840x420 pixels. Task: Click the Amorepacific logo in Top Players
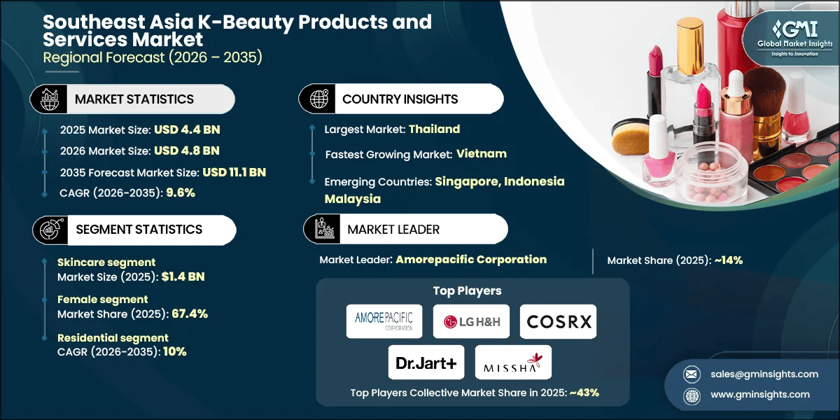(384, 321)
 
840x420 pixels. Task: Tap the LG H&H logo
(470, 321)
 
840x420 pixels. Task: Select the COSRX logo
(559, 321)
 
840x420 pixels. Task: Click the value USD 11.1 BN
(234, 172)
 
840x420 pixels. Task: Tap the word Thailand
(434, 129)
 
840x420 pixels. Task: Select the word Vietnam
(482, 153)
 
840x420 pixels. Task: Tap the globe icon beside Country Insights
(318, 99)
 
